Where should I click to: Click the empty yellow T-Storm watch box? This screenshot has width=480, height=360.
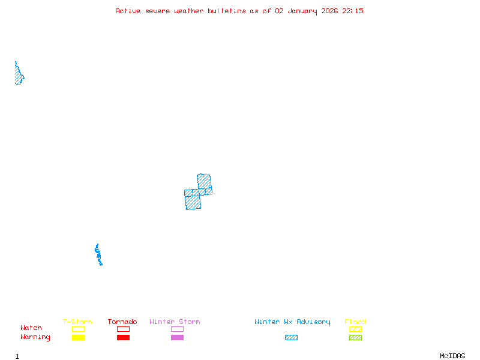(x=78, y=329)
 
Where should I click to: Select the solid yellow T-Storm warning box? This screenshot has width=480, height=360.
(x=78, y=338)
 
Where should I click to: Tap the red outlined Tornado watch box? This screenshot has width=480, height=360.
(x=123, y=329)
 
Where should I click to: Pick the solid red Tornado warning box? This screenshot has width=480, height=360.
(x=123, y=338)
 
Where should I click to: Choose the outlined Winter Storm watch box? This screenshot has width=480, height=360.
(x=177, y=329)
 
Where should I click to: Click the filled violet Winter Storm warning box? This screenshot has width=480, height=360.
(x=177, y=338)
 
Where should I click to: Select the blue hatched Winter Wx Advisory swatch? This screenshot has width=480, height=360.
(x=291, y=338)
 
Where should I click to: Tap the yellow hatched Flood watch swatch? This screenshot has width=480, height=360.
(x=355, y=329)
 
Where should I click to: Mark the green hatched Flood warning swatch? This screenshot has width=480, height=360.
(x=355, y=338)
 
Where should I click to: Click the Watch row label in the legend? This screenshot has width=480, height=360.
(x=31, y=328)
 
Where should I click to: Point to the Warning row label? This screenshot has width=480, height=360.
(x=35, y=337)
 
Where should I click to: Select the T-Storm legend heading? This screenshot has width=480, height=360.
(x=77, y=322)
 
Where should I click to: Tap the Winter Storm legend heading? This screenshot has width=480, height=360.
(x=175, y=322)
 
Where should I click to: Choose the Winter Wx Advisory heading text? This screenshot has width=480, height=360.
(x=292, y=322)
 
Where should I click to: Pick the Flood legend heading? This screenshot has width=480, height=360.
(x=355, y=322)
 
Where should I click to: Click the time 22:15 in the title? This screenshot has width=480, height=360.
(x=353, y=11)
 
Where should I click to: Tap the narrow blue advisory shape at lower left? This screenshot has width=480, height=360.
(x=98, y=254)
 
